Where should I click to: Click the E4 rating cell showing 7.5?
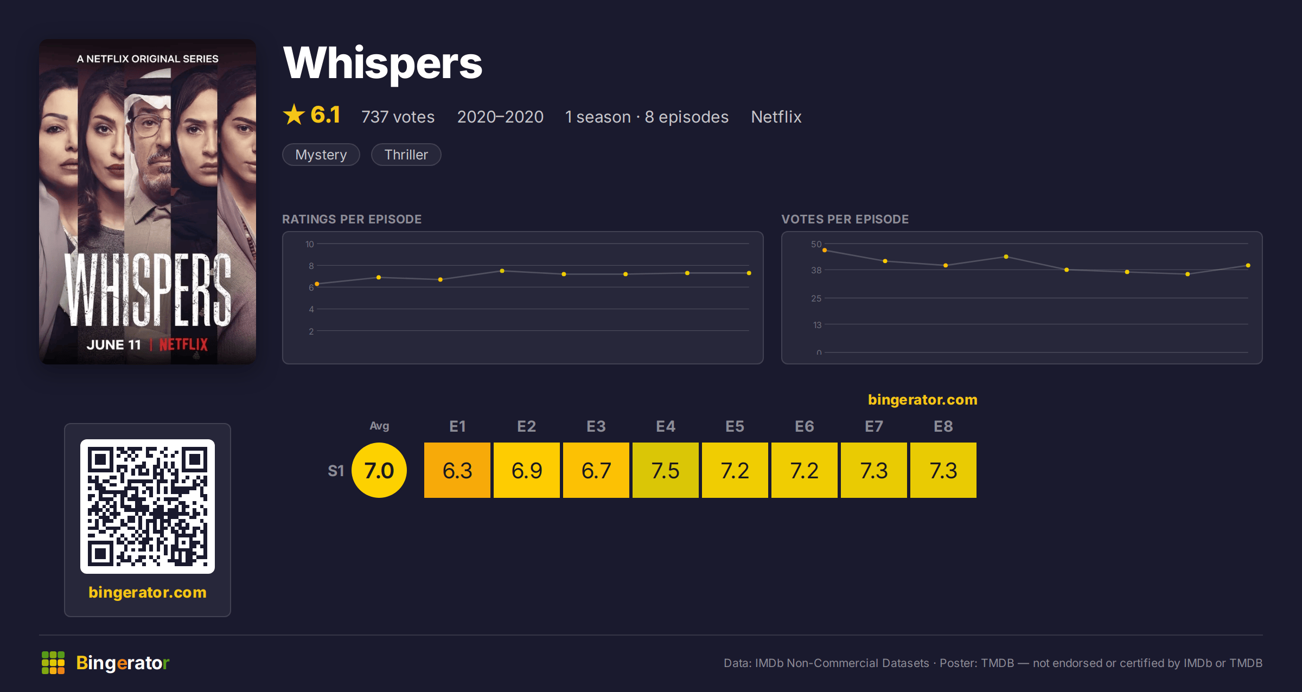click(666, 470)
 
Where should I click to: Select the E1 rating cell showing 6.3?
click(457, 470)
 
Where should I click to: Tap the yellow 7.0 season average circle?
click(379, 470)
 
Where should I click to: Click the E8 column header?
click(943, 426)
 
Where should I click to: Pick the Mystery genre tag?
click(321, 155)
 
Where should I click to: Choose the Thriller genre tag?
click(406, 155)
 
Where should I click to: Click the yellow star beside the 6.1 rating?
click(294, 114)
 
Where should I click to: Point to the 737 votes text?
click(398, 117)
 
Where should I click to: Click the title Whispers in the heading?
click(383, 63)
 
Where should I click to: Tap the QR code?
click(148, 507)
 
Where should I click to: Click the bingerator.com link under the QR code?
click(148, 592)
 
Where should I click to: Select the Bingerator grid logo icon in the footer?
click(53, 663)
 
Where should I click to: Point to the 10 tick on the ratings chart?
click(310, 244)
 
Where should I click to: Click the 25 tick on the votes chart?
click(816, 298)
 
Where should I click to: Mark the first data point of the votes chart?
click(825, 250)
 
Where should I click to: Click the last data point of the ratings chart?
click(749, 273)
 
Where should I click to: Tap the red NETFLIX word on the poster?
click(183, 344)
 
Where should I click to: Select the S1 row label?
click(336, 471)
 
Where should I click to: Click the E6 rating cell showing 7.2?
click(805, 470)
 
